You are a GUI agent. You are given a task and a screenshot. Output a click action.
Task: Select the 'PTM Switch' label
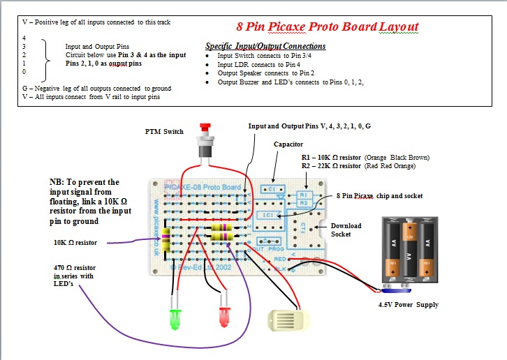[164, 131]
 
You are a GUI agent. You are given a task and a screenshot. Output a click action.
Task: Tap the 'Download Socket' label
[347, 230]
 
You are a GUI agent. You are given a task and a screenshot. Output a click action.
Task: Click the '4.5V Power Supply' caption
[409, 304]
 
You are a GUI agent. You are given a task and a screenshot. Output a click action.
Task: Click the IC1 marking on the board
[267, 216]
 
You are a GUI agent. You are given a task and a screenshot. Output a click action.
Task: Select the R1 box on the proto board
[302, 194]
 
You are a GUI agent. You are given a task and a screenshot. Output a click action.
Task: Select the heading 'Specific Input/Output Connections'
[265, 46]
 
